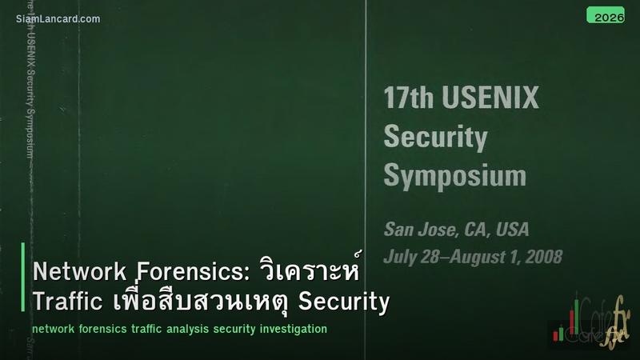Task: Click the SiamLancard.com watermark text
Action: coord(58,18)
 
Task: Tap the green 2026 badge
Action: coord(606,16)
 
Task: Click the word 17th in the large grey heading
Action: coord(407,98)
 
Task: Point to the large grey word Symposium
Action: coord(454,174)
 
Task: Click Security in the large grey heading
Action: coord(435,137)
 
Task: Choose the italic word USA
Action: coord(512,230)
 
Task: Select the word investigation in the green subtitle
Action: coord(290,329)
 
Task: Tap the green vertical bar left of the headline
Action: coord(24,287)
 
